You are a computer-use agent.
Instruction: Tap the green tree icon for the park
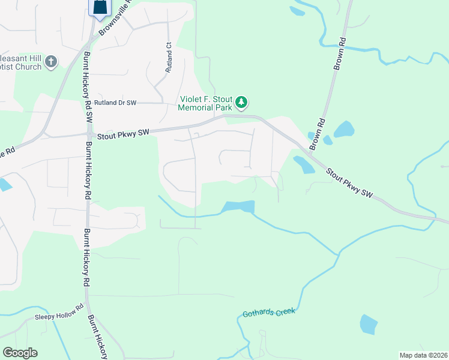(x=241, y=103)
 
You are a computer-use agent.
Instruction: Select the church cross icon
(x=51, y=61)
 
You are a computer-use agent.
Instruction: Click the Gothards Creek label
(x=269, y=313)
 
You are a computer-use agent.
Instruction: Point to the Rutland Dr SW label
(x=115, y=103)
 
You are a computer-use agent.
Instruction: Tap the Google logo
(x=20, y=353)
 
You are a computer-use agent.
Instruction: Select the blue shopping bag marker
(x=100, y=7)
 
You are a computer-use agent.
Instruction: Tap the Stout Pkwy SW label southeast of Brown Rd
(x=350, y=182)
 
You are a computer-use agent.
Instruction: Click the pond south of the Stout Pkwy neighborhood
(x=238, y=206)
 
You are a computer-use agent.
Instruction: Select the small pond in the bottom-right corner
(x=369, y=324)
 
